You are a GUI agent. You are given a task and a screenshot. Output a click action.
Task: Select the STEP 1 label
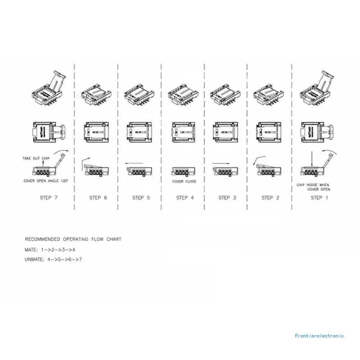(316, 198)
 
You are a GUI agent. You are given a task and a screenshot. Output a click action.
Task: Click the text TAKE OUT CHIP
(36, 158)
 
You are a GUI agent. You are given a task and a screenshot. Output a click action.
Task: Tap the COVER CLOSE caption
(184, 182)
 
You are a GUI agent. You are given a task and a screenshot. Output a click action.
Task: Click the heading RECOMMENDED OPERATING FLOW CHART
(73, 239)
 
